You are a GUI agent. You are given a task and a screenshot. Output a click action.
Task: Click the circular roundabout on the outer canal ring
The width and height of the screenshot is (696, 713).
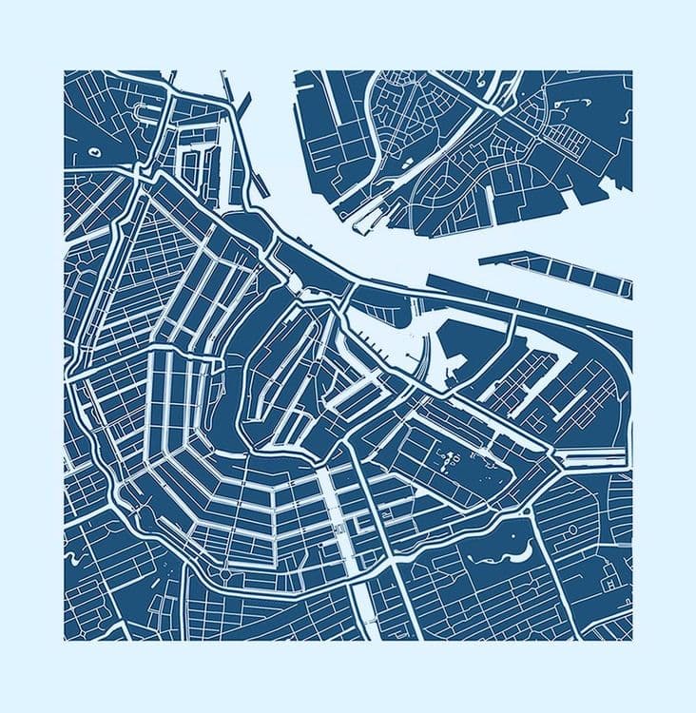[226, 572]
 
